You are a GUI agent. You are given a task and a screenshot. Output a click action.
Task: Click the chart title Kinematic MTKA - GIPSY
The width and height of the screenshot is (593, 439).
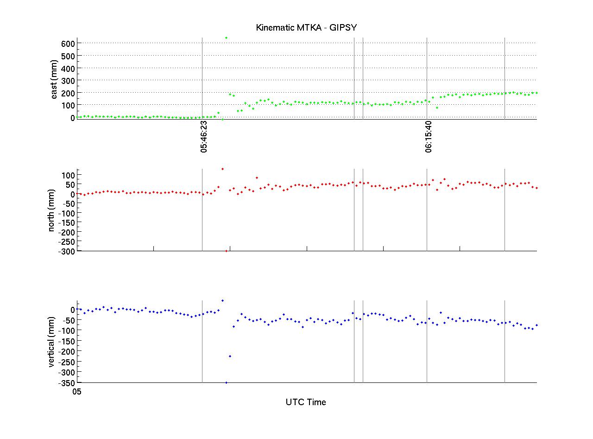pyautogui.click(x=306, y=28)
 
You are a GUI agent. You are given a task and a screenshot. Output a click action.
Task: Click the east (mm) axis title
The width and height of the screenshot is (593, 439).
pyautogui.click(x=54, y=79)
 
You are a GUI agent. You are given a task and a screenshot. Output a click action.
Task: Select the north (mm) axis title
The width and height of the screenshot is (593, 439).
pyautogui.click(x=52, y=211)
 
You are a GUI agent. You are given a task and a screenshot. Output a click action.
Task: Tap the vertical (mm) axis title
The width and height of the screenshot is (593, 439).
pyautogui.click(x=52, y=342)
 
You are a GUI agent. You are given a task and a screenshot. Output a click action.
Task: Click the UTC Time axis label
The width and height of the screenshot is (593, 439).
pyautogui.click(x=306, y=402)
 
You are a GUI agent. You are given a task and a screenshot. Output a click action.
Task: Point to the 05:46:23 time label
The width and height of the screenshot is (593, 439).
pyautogui.click(x=204, y=137)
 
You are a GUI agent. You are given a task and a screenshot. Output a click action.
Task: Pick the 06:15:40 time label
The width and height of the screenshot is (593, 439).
pyautogui.click(x=429, y=137)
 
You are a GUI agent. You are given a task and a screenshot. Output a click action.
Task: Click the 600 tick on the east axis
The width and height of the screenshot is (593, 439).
pyautogui.click(x=69, y=43)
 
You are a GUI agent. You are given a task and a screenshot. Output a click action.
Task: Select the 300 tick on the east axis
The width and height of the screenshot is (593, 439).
pyautogui.click(x=69, y=80)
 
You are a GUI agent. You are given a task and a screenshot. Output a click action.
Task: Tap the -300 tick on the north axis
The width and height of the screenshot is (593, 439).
pyautogui.click(x=67, y=251)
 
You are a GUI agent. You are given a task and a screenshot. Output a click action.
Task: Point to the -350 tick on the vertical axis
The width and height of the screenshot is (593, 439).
pyautogui.click(x=67, y=383)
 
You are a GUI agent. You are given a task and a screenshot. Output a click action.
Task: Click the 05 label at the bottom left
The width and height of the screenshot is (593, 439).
pyautogui.click(x=77, y=392)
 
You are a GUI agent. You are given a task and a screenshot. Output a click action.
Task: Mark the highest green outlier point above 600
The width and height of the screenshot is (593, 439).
pyautogui.click(x=226, y=38)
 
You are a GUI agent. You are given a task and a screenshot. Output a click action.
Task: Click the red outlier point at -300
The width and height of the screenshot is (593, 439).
pyautogui.click(x=226, y=251)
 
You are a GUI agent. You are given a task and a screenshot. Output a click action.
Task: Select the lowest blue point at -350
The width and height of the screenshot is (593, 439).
pyautogui.click(x=226, y=382)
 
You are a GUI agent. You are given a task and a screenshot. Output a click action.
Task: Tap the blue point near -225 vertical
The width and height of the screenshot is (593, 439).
pyautogui.click(x=230, y=356)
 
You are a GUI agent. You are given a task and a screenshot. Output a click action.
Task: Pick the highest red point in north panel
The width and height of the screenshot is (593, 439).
pyautogui.click(x=222, y=169)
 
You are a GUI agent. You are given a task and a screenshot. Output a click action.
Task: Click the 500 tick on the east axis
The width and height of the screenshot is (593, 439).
pyautogui.click(x=69, y=56)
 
